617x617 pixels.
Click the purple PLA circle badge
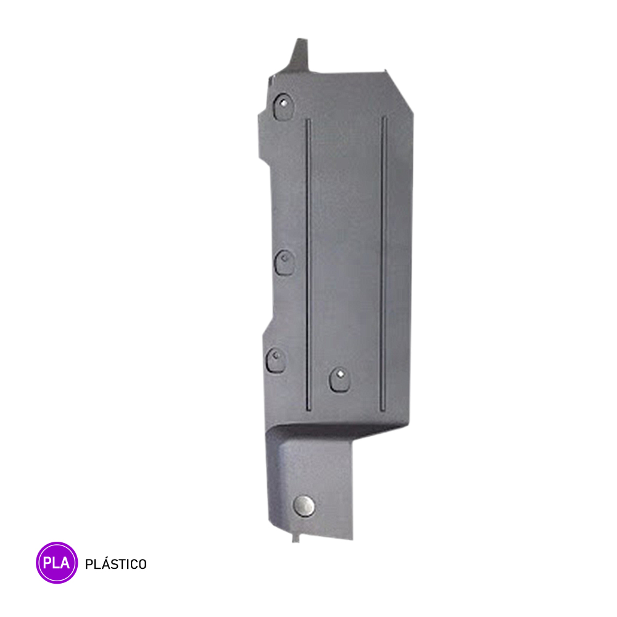57,562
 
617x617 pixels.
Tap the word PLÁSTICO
116,563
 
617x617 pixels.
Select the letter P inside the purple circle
48,563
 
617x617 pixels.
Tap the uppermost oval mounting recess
283,106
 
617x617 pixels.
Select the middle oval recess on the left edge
284,262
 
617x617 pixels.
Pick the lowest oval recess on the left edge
276,360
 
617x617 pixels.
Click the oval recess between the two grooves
339,379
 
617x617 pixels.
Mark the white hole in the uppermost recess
283,104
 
